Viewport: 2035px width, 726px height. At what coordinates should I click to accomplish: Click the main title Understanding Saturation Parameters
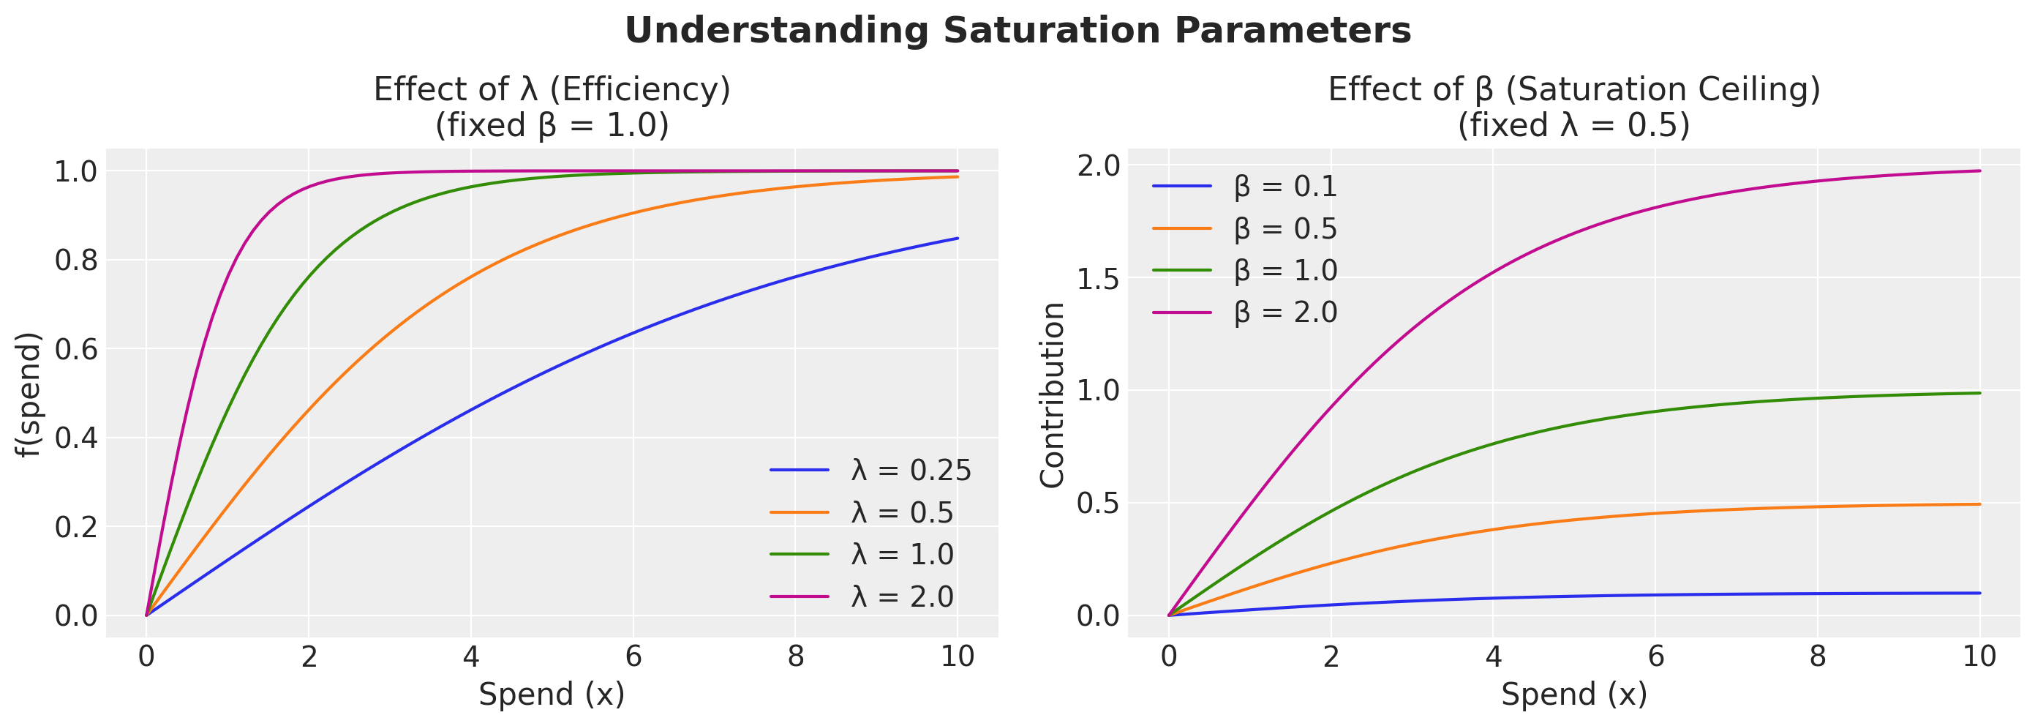tap(1017, 31)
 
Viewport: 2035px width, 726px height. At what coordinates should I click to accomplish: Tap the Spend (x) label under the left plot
tap(552, 695)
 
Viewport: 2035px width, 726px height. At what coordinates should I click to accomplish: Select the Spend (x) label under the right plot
tap(1573, 695)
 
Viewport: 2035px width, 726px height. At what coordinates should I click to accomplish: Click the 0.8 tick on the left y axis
tap(76, 260)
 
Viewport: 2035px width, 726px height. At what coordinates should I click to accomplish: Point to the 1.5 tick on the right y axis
tap(1098, 278)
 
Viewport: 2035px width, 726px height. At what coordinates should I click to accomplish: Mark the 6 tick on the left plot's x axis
tap(633, 656)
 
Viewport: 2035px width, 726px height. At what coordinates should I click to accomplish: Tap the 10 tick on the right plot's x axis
tap(1979, 656)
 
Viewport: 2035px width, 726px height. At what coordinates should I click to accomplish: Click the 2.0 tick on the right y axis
tap(1098, 165)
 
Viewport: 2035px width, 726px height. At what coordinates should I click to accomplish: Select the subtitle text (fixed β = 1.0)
tap(552, 126)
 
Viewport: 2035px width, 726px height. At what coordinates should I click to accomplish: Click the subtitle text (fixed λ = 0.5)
tap(1573, 126)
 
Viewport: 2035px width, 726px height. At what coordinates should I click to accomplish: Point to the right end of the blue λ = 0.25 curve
tap(958, 238)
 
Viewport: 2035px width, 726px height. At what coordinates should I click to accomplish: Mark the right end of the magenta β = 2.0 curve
tap(1979, 171)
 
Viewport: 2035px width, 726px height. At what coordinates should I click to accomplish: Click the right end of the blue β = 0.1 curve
tap(1979, 593)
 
